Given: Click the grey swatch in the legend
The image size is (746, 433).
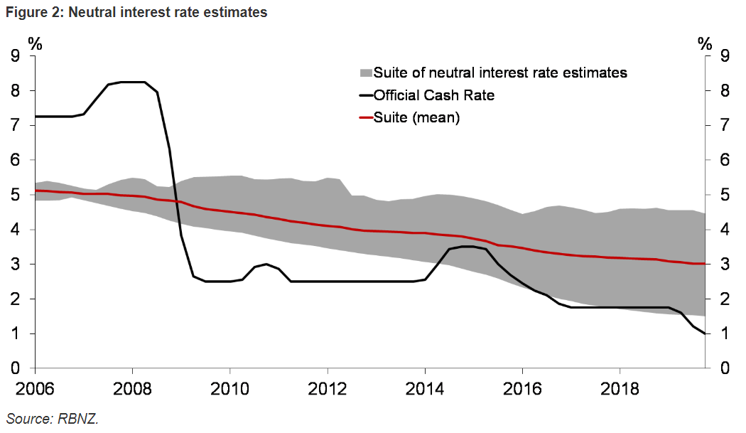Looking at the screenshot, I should (365, 73).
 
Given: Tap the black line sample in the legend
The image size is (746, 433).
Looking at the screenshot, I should (365, 95).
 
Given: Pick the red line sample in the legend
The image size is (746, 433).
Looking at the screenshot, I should (365, 118).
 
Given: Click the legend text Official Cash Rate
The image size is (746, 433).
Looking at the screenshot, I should (434, 95).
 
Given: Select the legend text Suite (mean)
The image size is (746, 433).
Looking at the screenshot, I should (417, 118).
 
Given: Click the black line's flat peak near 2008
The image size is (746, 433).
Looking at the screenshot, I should (132, 82).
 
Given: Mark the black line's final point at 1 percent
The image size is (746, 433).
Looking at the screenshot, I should (705, 333).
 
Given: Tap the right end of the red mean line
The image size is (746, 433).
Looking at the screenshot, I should (705, 264).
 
